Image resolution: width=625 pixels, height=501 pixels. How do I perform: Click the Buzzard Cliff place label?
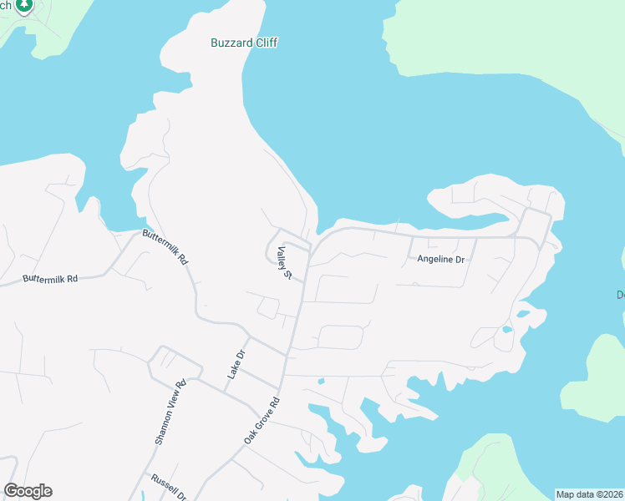[x=244, y=43]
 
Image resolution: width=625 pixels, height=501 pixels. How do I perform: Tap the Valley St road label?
[x=286, y=262]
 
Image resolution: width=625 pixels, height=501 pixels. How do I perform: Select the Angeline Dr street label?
[x=441, y=260]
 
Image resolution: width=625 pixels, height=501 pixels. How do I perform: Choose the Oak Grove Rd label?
[x=261, y=420]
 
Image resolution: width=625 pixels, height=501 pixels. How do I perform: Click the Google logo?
[x=28, y=491]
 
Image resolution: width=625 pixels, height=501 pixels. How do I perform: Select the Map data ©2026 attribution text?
[x=590, y=494]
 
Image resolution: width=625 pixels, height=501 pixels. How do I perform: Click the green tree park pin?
[x=24, y=5]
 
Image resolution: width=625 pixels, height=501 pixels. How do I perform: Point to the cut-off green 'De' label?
[x=621, y=295]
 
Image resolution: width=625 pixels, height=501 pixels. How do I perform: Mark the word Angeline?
[x=434, y=260]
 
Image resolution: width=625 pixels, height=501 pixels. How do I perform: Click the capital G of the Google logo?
[x=11, y=491]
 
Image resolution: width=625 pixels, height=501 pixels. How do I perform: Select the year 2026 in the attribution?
[x=611, y=494]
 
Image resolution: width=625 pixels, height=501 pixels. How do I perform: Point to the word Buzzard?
[x=231, y=43]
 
